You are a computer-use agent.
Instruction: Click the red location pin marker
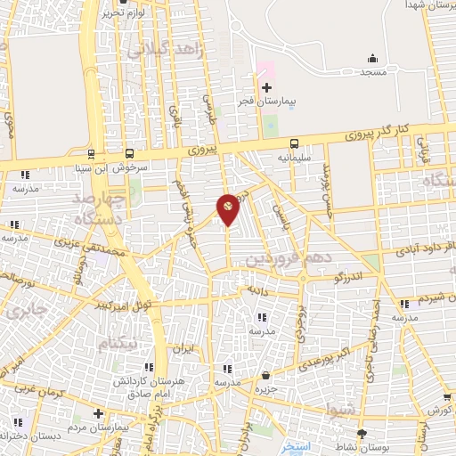pyautogui.click(x=228, y=208)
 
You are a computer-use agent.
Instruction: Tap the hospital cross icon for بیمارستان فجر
pyautogui.click(x=266, y=86)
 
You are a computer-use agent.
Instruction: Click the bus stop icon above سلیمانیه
pyautogui.click(x=294, y=143)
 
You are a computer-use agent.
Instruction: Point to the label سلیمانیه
pyautogui.click(x=294, y=157)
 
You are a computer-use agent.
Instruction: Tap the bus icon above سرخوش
pyautogui.click(x=131, y=152)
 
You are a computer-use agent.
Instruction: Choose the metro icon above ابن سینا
pyautogui.click(x=90, y=152)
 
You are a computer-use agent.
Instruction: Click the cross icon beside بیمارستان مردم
pyautogui.click(x=98, y=413)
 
